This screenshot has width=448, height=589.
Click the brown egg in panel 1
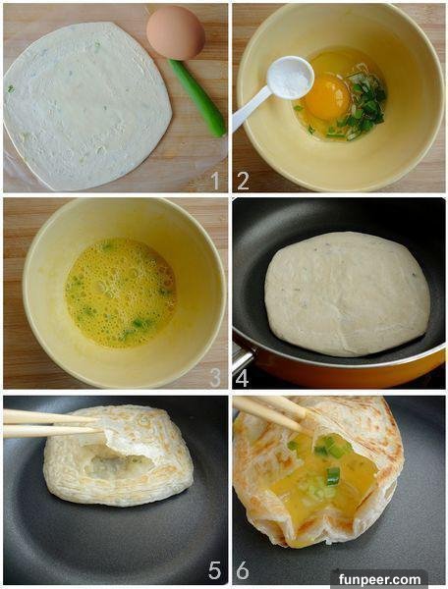point(176,32)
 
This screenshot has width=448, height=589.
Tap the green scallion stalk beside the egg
point(196,97)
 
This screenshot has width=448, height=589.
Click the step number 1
point(215,181)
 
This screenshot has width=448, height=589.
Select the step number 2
point(244,181)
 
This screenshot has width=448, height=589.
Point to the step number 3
point(215,378)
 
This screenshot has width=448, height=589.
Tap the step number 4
point(243,378)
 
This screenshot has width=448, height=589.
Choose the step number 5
point(215,570)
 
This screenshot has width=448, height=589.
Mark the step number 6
point(243,570)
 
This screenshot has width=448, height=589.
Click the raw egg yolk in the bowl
point(328,97)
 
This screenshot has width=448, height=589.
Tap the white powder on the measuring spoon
point(290,79)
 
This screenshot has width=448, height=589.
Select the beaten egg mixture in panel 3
point(121,294)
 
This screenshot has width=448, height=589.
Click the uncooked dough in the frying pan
point(347,294)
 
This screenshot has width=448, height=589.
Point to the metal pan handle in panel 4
point(243,358)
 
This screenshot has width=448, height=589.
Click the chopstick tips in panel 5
point(97,424)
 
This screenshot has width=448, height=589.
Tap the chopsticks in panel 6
point(270,411)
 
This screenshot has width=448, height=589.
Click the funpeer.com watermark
point(379,579)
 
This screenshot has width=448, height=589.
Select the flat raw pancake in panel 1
point(87,106)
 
